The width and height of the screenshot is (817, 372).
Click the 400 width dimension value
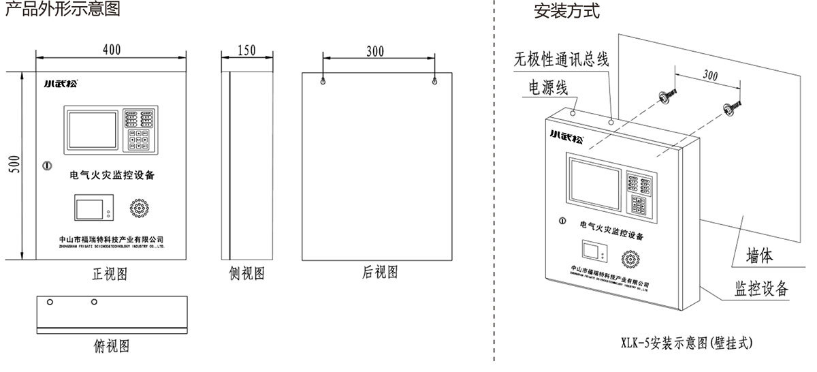pos(111,50)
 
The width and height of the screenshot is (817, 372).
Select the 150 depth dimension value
pos(248,50)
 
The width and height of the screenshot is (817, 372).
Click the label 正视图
pos(110,275)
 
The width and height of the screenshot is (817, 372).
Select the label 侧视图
pos(246,275)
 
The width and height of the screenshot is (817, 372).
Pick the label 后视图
pos(380,273)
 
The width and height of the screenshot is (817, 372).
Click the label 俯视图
pos(111,346)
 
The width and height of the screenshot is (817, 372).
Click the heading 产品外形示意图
pos(63,10)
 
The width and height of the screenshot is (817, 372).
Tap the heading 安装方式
pos(567,12)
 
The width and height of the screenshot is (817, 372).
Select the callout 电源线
pos(547,88)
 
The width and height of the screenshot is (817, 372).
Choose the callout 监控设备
pos(761,288)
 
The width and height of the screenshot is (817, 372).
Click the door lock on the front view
pos(46,165)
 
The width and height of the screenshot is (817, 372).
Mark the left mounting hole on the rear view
pos(323,81)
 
